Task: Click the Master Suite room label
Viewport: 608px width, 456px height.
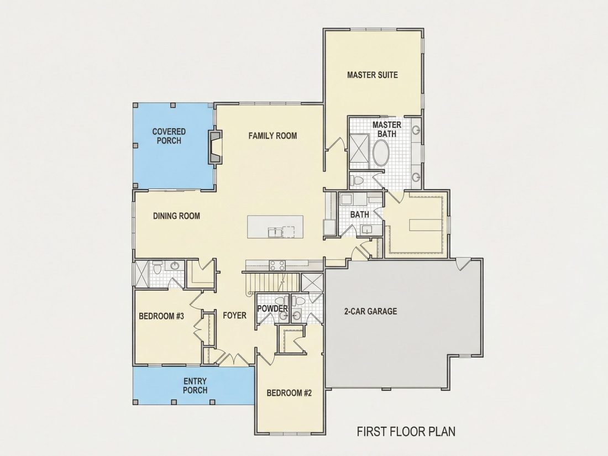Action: coord(372,75)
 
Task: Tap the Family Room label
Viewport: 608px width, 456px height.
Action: coord(272,136)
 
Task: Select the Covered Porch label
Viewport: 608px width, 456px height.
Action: coord(169,136)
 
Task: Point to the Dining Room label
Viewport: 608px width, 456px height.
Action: coord(176,216)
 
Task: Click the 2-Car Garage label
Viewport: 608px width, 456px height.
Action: coord(371,311)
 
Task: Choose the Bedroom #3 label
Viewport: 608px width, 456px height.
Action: coord(161,316)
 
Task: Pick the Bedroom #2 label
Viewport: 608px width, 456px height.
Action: coord(289,393)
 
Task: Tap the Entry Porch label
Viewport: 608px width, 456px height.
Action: coord(195,386)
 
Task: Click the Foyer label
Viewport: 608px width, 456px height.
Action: coord(234,316)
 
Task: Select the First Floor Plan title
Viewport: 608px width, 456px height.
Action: coord(406,432)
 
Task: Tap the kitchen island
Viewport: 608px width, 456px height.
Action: coord(276,227)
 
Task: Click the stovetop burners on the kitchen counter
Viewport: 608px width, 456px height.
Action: coord(277,266)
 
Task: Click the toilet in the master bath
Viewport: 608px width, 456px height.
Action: coord(357,180)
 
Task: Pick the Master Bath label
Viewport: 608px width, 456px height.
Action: coord(386,129)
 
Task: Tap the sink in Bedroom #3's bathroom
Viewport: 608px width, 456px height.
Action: coord(175,266)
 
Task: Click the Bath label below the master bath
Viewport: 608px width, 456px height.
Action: coord(359,214)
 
